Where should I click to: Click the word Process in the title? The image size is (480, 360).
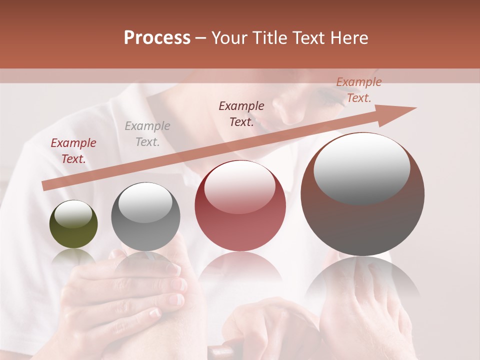(157, 38)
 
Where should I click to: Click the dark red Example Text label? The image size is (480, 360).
(73, 151)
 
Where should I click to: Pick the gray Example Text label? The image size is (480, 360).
(147, 134)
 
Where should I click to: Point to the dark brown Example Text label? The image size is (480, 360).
(241, 114)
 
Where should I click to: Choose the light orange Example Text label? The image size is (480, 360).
(358, 90)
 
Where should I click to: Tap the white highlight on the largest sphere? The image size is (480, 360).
(361, 167)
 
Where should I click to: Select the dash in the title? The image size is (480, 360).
(201, 38)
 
